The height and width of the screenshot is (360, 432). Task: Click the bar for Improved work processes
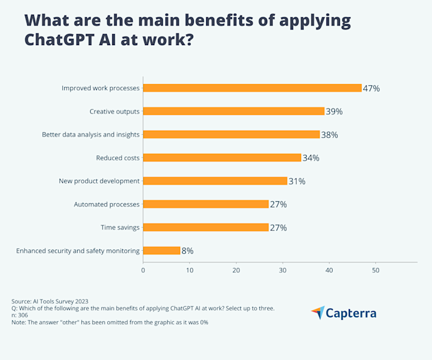[x=252, y=88]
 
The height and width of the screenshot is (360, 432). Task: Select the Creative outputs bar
[x=233, y=111]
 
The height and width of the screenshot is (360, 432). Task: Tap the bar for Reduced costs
[x=222, y=157]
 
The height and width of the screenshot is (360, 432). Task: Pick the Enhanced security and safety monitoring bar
[x=161, y=251]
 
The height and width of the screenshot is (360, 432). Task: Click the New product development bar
[x=215, y=181]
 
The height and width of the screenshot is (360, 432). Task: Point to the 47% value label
[x=372, y=88]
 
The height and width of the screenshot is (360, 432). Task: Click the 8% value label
[x=188, y=251]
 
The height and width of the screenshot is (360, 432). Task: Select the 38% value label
[x=330, y=135]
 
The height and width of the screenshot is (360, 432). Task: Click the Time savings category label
[x=120, y=227]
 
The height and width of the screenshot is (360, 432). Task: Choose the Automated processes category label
[x=107, y=204]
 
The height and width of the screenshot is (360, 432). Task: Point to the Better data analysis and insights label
[x=91, y=135]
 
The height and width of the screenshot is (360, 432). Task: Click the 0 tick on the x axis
[x=143, y=270]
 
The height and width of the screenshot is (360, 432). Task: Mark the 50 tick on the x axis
[x=375, y=270]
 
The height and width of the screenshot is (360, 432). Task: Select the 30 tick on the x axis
[x=283, y=270]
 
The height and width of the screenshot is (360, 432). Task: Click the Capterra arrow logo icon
[x=317, y=312]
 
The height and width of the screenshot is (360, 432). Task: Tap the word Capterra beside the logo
[x=352, y=313]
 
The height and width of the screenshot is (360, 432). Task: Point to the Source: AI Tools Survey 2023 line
[x=54, y=301]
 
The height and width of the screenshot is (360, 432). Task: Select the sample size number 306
[x=23, y=315]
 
